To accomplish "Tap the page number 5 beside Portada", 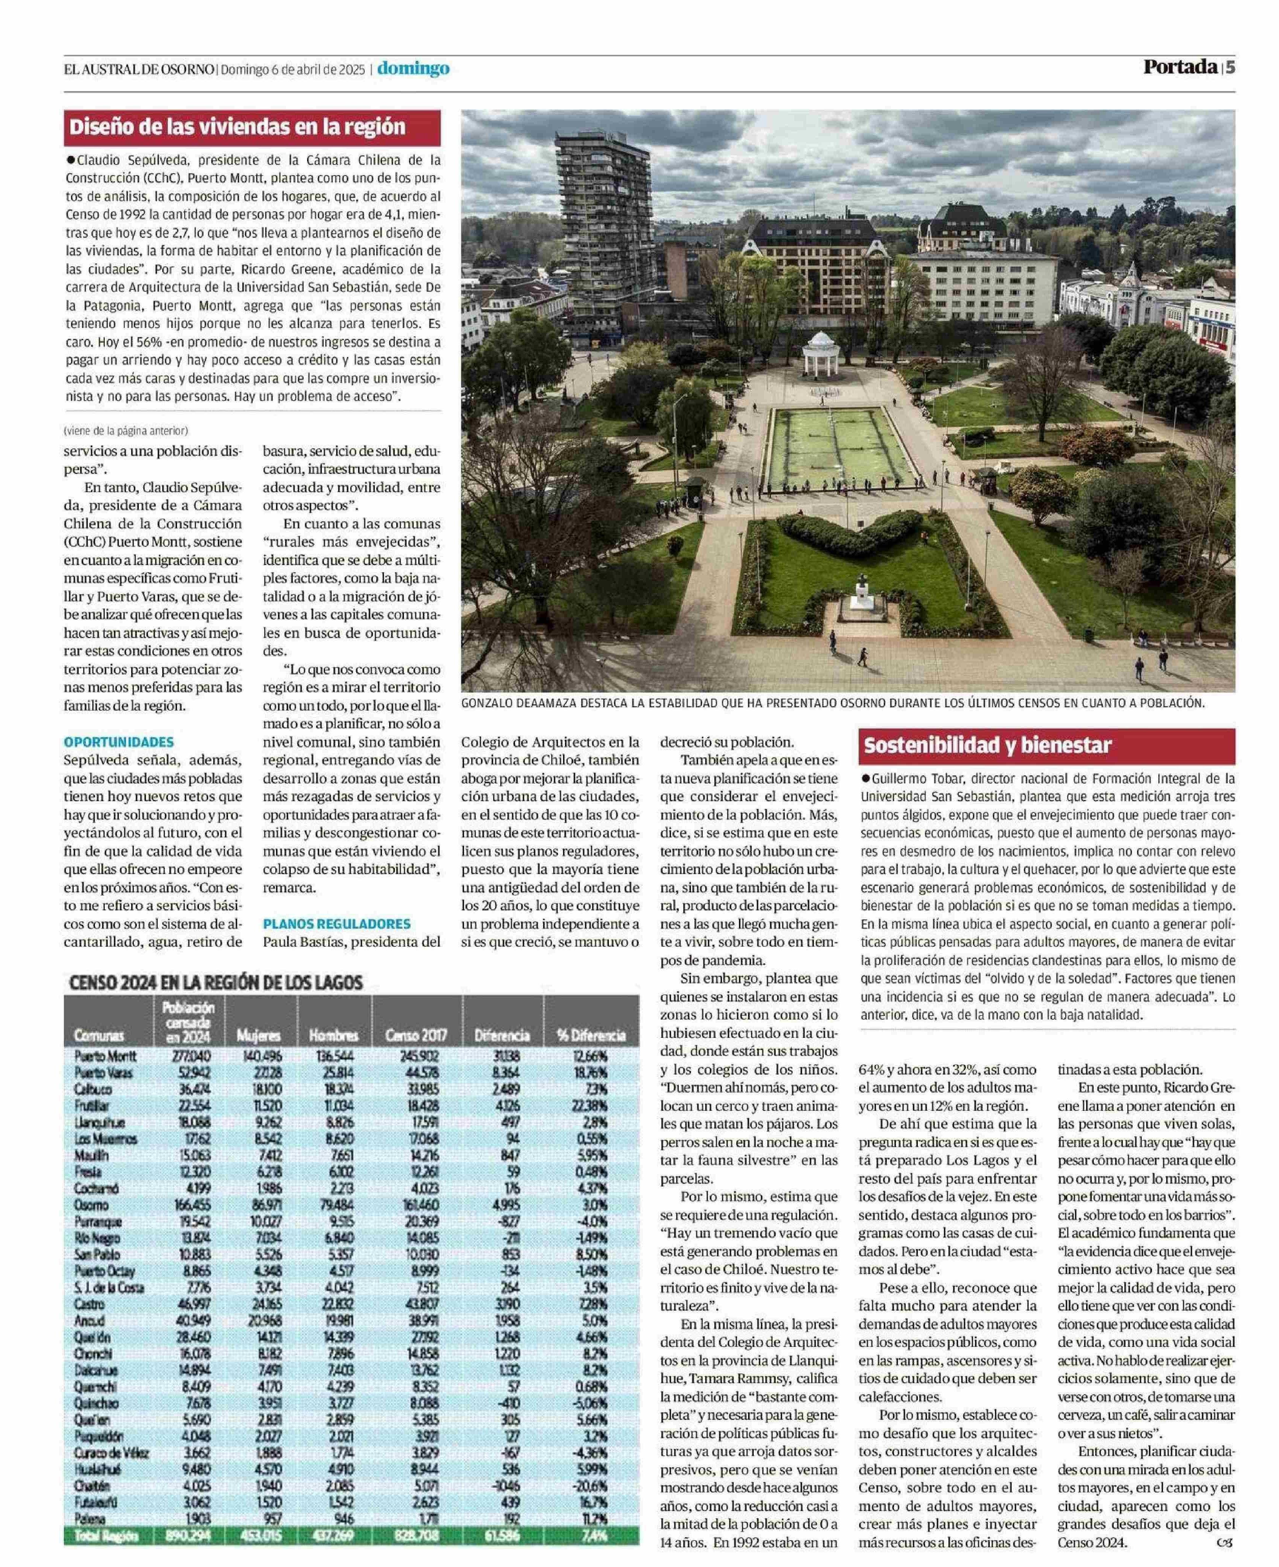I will point(1229,67).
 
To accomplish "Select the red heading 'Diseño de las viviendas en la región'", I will point(237,127).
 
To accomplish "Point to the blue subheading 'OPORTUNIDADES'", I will point(119,742).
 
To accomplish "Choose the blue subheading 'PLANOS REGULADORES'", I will point(337,923).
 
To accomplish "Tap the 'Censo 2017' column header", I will point(416,1035).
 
